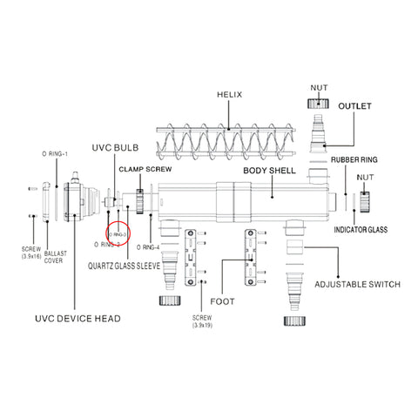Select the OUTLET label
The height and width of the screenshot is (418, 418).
click(x=355, y=106)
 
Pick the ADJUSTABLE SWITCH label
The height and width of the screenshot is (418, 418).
click(x=357, y=284)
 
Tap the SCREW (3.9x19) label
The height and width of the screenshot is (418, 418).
click(x=201, y=322)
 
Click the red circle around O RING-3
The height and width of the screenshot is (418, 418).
click(x=117, y=235)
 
